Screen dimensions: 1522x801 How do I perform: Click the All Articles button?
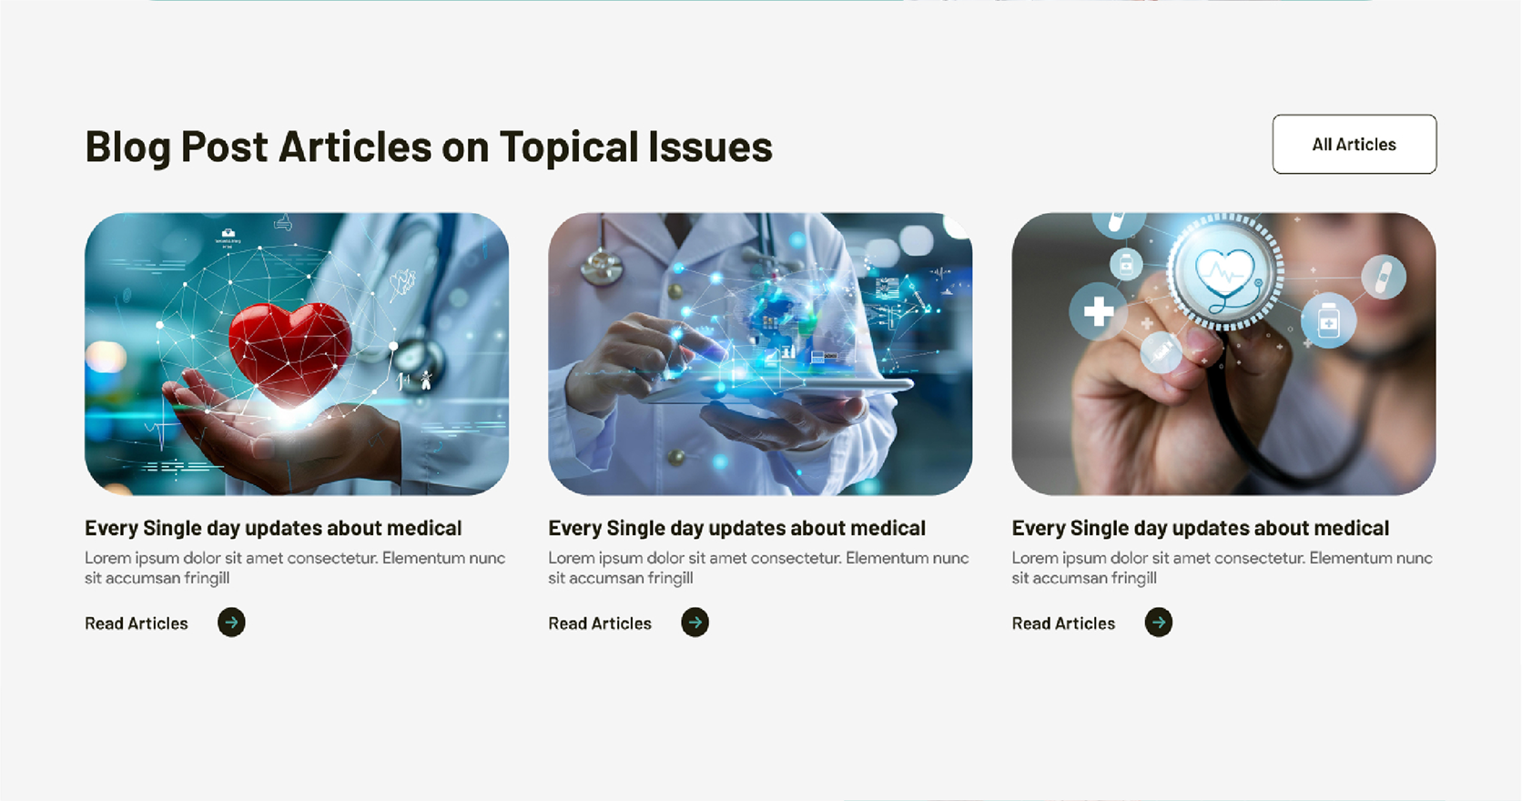pyautogui.click(x=1355, y=144)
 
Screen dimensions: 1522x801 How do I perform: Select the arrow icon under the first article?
pyautogui.click(x=232, y=623)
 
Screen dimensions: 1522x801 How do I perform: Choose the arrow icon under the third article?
pyautogui.click(x=1159, y=623)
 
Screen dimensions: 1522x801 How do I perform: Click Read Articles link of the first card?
pyautogui.click(x=137, y=624)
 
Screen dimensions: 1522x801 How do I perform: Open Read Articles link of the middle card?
pyautogui.click(x=600, y=624)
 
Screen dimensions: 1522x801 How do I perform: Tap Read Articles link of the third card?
pyautogui.click(x=1063, y=624)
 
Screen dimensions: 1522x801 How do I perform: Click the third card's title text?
pyautogui.click(x=1201, y=528)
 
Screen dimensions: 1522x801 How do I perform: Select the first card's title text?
pyautogui.click(x=273, y=528)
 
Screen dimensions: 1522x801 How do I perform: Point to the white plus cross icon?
pyautogui.click(x=1098, y=312)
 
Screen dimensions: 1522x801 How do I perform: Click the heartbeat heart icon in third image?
pyautogui.click(x=1225, y=273)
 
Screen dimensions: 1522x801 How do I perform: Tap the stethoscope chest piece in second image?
pyautogui.click(x=601, y=267)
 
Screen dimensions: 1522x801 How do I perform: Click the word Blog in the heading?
pyautogui.click(x=127, y=147)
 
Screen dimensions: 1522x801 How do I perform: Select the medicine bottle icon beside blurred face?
pyautogui.click(x=1328, y=320)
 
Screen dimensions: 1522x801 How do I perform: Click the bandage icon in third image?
pyautogui.click(x=1384, y=278)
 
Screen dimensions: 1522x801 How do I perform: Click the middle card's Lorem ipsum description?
pyautogui.click(x=758, y=568)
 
